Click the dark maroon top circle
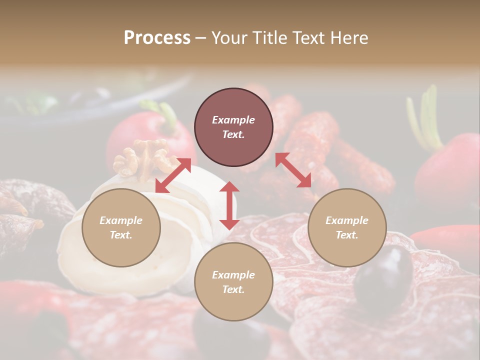pos(233,127)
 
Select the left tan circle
pos(121,227)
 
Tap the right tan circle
pos(347,227)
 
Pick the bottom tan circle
pos(233,282)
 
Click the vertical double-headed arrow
pos(229,205)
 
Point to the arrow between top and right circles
pos(293,170)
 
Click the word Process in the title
pos(157,38)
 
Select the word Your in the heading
pos(228,38)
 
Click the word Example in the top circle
pos(233,120)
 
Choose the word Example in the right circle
pos(347,220)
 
